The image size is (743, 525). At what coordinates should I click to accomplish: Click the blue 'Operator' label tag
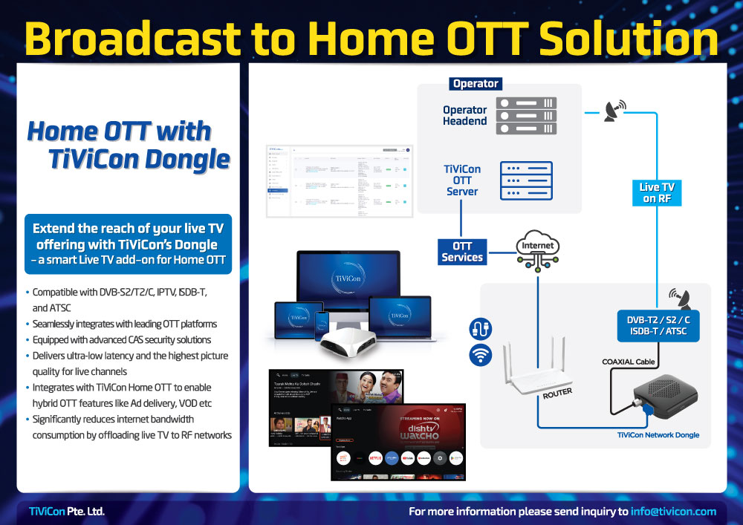476,84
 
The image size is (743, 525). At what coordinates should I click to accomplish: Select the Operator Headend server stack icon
526,116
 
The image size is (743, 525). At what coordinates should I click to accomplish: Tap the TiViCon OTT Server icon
526,180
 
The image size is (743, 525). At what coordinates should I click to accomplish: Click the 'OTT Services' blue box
462,252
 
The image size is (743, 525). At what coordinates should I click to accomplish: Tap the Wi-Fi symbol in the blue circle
480,355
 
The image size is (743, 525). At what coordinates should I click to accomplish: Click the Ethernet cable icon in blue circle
480,328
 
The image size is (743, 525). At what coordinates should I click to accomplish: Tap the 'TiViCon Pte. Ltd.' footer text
67,512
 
